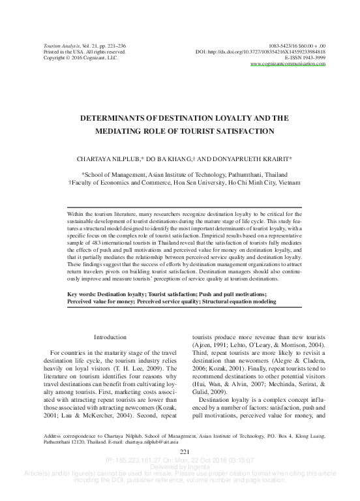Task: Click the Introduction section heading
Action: pyautogui.click(x=110, y=337)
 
